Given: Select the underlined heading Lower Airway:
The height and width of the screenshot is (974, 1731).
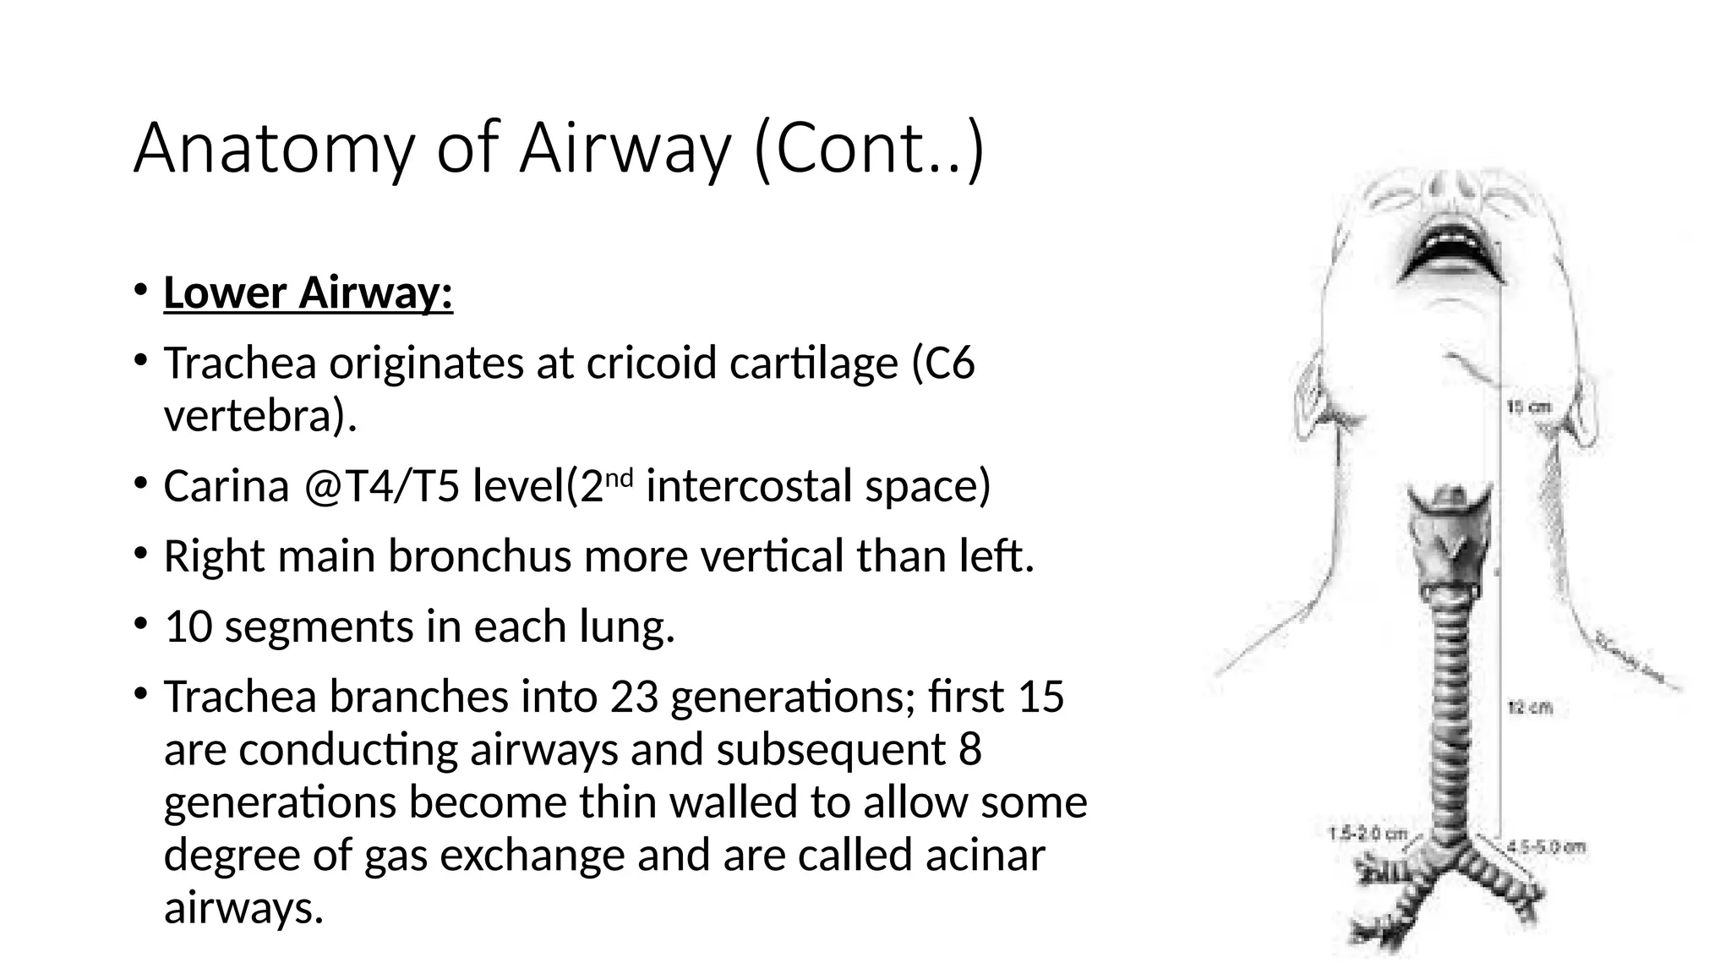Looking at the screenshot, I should pos(309,293).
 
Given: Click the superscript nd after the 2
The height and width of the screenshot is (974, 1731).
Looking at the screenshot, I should pos(620,478).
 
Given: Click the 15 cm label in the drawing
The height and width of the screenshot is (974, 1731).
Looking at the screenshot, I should pos(1529,408).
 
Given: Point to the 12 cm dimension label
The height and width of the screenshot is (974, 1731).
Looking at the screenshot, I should pos(1530,707).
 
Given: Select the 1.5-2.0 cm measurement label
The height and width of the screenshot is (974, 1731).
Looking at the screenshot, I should pos(1368,834).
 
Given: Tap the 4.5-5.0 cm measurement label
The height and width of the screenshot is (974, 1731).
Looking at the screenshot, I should pos(1547,846).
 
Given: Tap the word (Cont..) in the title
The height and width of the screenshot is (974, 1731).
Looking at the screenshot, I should pos(868,149).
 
